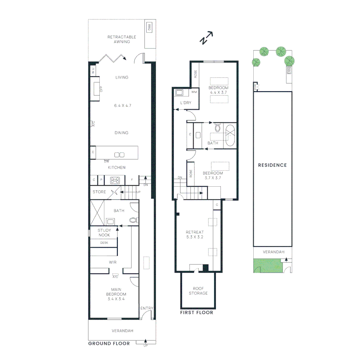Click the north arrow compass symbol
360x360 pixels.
coord(206,38)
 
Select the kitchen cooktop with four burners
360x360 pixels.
coord(115,180)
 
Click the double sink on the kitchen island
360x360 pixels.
coord(119,155)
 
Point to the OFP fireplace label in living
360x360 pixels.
coord(101,89)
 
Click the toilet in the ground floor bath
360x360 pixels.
coord(133,220)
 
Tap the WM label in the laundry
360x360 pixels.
coord(194,92)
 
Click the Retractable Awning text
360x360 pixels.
coord(119,39)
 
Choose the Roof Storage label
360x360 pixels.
coord(198,291)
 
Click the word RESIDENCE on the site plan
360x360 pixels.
coord(272,165)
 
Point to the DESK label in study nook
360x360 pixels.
coord(104,243)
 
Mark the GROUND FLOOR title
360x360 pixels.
coord(109,343)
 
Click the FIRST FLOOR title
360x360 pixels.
coord(196,313)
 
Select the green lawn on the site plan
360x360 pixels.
coord(267,266)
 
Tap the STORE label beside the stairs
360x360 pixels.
coord(99,192)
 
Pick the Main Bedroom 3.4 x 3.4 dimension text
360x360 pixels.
coord(116,299)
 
